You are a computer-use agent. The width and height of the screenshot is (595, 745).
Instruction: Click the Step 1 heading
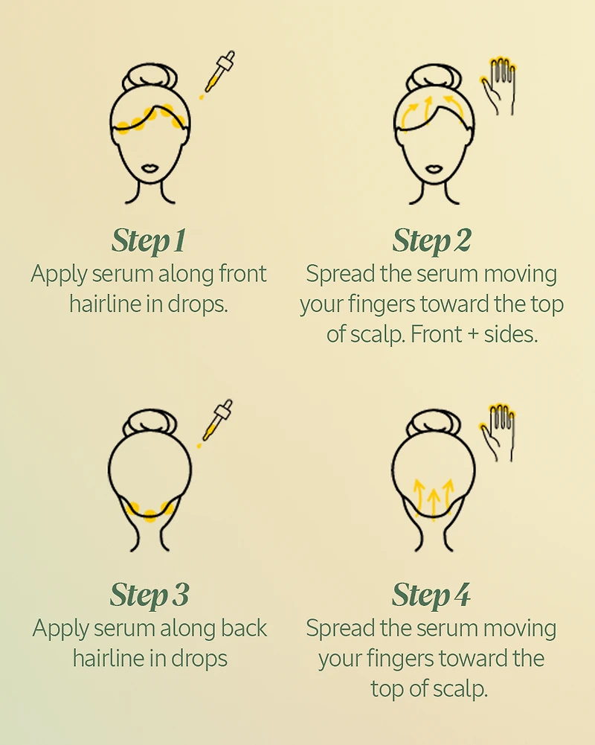point(149,240)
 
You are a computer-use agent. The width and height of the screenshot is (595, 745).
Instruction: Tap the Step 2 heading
point(431,240)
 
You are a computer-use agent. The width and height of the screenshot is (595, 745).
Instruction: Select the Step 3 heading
point(149,595)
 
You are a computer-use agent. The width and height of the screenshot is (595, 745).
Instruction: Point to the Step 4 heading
point(431,595)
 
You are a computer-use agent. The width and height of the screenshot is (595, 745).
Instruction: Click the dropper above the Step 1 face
point(217,75)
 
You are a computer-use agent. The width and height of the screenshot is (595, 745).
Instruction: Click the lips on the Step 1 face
point(149,169)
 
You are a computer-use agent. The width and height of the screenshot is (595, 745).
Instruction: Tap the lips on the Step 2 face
point(431,169)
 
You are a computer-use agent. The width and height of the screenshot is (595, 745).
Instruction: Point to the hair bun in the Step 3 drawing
point(149,426)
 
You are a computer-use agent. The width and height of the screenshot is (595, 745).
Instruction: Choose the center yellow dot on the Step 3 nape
point(150,514)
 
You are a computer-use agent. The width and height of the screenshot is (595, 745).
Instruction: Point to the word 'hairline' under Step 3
point(109,658)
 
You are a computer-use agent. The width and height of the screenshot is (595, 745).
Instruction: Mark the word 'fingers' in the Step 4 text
point(399,658)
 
